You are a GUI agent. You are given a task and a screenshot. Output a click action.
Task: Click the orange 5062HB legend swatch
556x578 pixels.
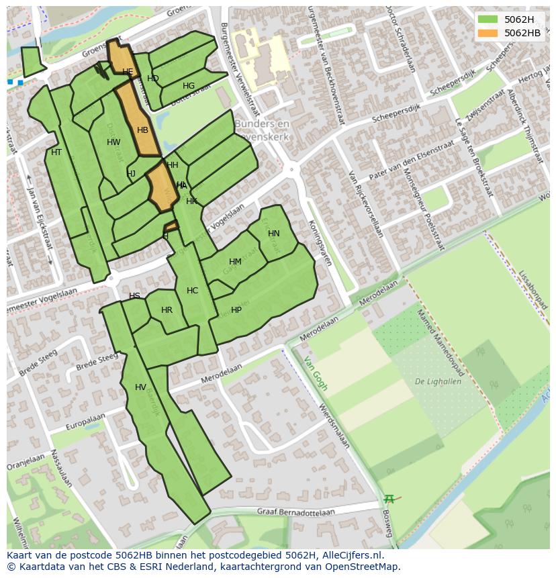[x=488, y=33]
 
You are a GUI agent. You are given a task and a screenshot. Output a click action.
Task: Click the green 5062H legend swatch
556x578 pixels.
[x=488, y=19]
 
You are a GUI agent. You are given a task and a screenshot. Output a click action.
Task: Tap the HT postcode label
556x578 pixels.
[x=56, y=152]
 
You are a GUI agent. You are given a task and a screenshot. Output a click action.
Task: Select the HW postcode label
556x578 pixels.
[x=113, y=142]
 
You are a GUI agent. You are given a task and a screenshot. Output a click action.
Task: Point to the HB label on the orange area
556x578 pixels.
[x=142, y=130]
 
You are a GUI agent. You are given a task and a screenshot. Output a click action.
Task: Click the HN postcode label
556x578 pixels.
[x=273, y=234]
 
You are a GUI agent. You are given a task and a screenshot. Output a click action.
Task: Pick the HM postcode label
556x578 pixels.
[x=235, y=262]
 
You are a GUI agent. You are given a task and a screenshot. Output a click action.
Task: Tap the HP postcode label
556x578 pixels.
[x=236, y=310]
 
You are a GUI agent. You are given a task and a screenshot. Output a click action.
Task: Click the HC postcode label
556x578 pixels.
[x=192, y=291]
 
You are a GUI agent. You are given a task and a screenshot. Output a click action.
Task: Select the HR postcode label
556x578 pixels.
[x=167, y=310]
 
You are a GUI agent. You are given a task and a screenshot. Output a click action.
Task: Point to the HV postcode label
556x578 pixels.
[x=140, y=387]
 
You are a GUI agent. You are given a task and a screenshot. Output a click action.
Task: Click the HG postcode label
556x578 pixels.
[x=189, y=86]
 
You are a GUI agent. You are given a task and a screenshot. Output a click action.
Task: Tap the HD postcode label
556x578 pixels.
[x=153, y=79]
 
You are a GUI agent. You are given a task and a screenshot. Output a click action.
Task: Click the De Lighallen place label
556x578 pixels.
[x=437, y=381]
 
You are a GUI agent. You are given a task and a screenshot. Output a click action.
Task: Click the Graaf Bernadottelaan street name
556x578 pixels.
[x=295, y=511]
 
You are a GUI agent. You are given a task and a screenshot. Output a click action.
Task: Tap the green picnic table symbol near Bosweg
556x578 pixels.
[x=389, y=499]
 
